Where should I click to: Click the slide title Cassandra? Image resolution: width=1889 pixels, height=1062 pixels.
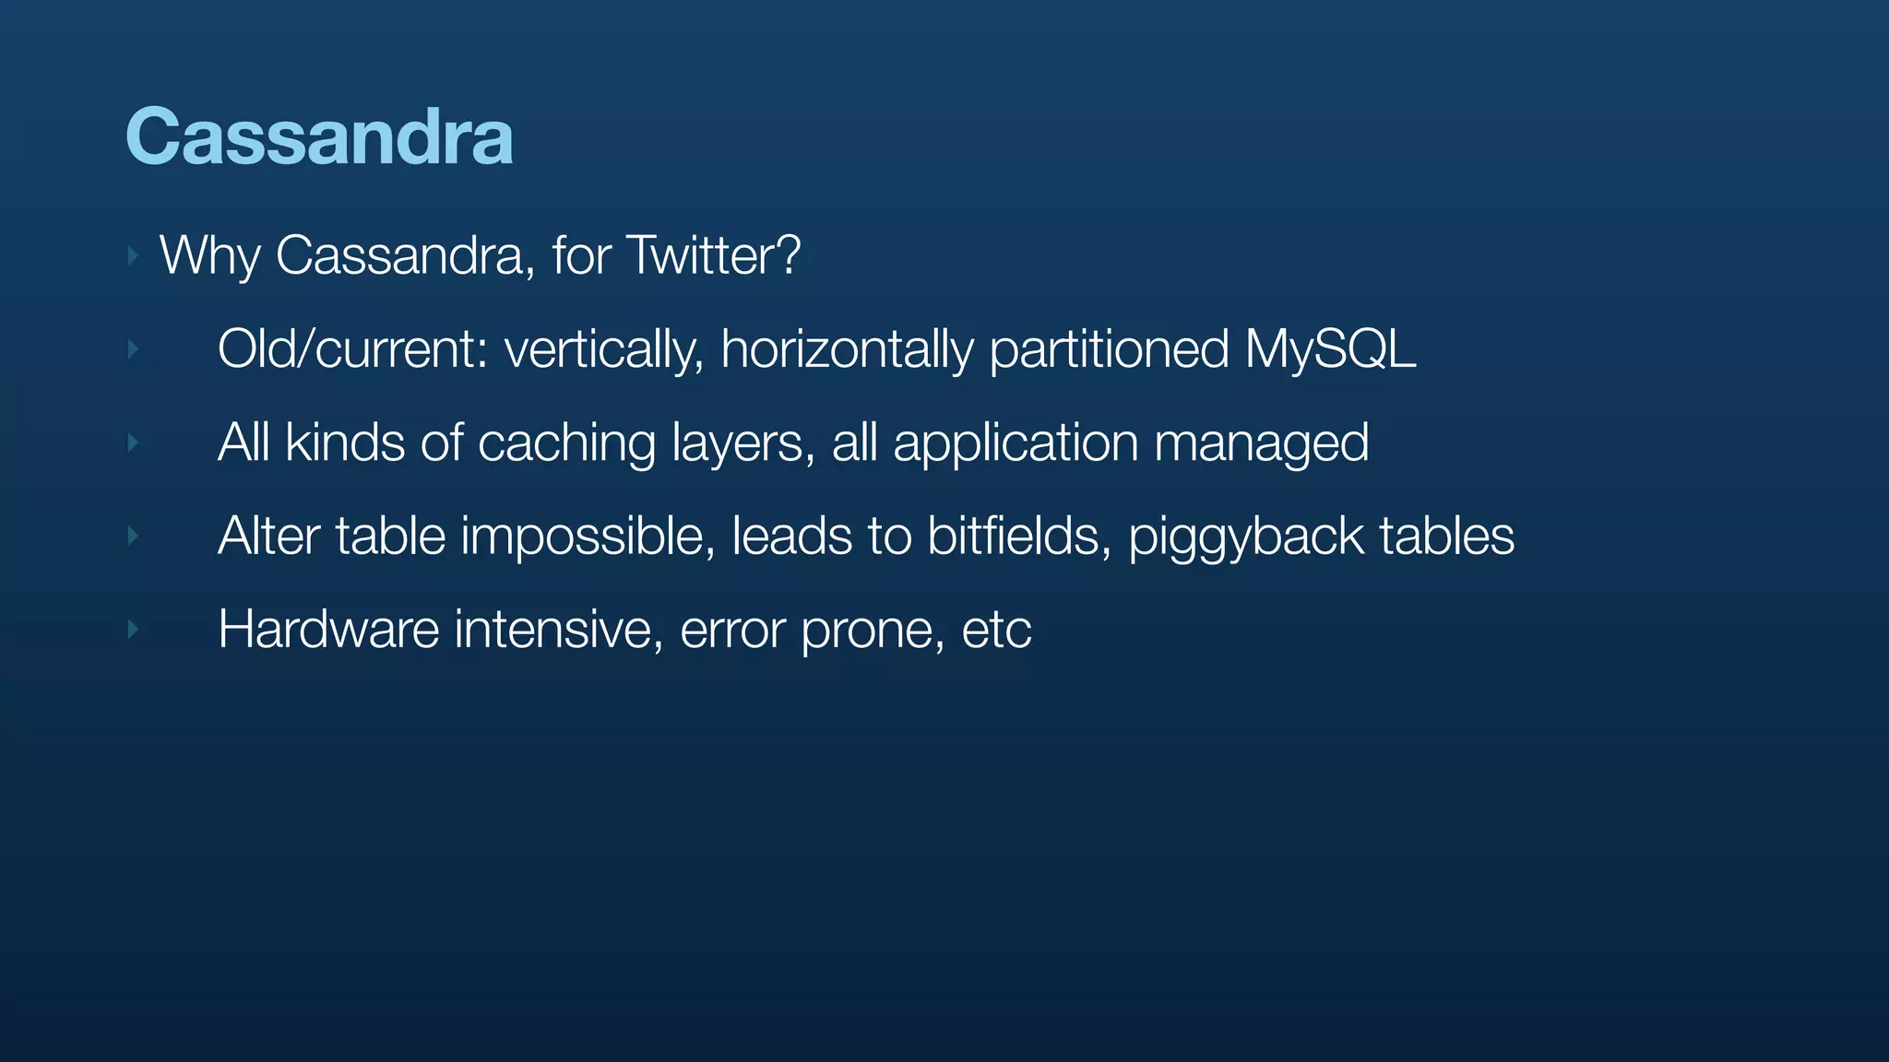pyautogui.click(x=319, y=136)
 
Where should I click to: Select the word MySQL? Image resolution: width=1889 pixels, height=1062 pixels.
pyautogui.click(x=1329, y=349)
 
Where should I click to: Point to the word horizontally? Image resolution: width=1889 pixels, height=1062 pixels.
pyautogui.click(x=846, y=349)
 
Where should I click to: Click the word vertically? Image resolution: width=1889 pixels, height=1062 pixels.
pyautogui.click(x=604, y=349)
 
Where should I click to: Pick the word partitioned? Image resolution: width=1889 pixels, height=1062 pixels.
pyautogui.click(x=1109, y=349)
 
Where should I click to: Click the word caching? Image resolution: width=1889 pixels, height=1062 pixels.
pyautogui.click(x=566, y=442)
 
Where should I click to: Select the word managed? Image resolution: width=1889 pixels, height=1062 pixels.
pyautogui.click(x=1261, y=442)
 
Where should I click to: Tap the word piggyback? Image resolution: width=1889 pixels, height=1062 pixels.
pyautogui.click(x=1245, y=537)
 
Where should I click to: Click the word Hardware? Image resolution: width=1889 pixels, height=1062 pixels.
pyautogui.click(x=328, y=630)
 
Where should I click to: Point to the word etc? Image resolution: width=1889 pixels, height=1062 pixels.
pyautogui.click(x=996, y=630)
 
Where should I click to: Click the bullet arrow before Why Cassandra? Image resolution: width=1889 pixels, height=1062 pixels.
pyautogui.click(x=133, y=255)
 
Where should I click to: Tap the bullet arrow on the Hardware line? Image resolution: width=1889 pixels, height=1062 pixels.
pyautogui.click(x=133, y=630)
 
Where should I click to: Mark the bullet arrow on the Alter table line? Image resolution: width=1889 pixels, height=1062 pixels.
pyautogui.click(x=133, y=536)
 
